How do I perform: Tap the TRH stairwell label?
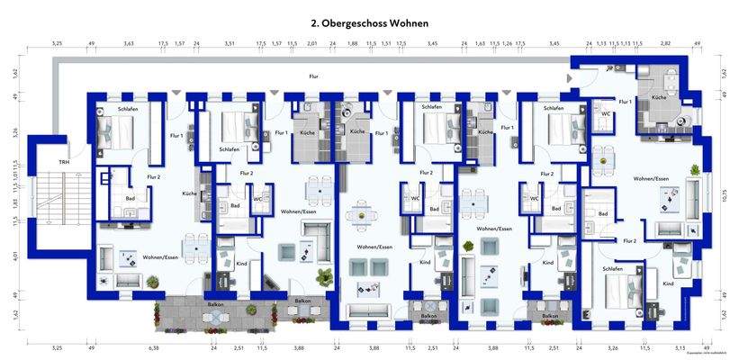(63, 162)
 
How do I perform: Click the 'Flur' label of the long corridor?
(313, 77)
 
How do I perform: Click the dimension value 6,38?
(153, 346)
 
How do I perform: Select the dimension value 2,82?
(666, 43)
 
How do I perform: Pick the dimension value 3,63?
(129, 43)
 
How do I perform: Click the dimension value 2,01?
(311, 43)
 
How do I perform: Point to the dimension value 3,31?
(230, 43)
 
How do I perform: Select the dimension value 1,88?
(352, 43)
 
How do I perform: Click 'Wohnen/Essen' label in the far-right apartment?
(654, 179)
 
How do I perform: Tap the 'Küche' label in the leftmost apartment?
(189, 193)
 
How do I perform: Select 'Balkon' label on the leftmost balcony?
(216, 304)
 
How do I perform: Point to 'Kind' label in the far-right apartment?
(667, 283)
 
